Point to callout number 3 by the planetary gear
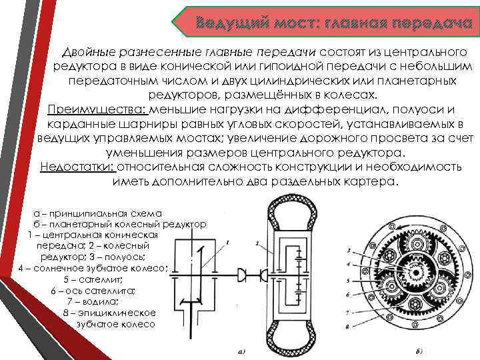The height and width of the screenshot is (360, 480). point(349,251)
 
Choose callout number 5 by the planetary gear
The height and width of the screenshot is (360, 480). point(349,279)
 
